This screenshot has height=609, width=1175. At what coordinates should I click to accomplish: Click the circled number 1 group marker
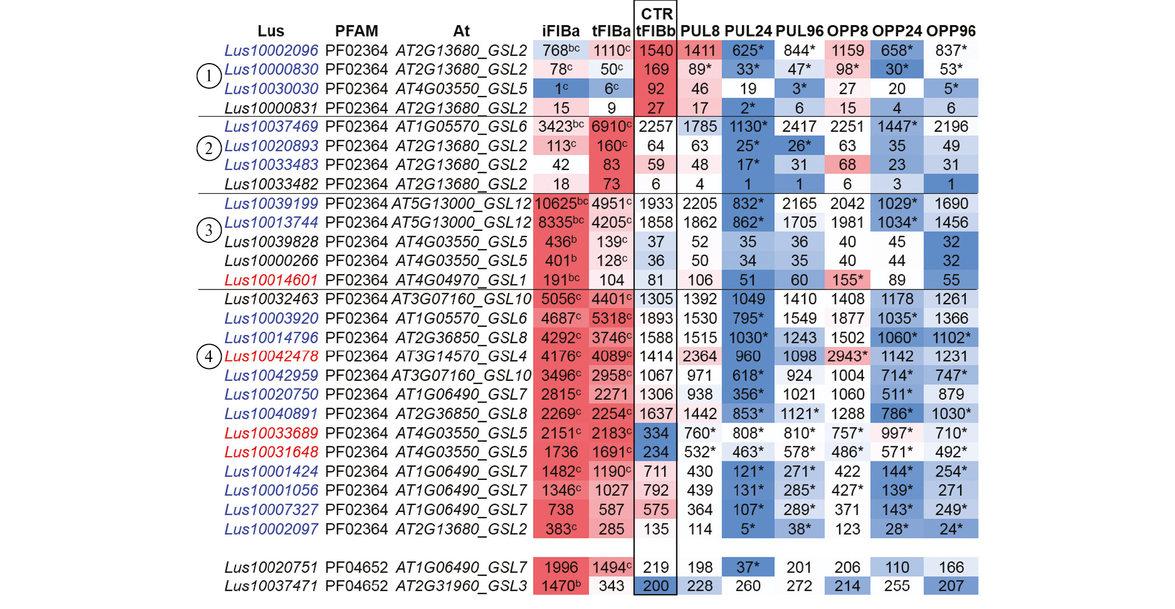pyautogui.click(x=209, y=76)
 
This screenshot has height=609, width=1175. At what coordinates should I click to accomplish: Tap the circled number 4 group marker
pyautogui.click(x=209, y=357)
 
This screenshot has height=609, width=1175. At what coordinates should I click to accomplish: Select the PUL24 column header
pyautogui.click(x=748, y=31)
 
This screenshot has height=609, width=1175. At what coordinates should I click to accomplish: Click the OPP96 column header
pyautogui.click(x=950, y=31)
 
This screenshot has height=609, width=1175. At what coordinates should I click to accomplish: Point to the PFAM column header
pyautogui.click(x=356, y=31)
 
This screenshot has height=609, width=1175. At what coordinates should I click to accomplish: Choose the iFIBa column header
pyautogui.click(x=560, y=31)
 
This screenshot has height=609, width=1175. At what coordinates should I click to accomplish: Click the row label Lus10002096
pyautogui.click(x=271, y=51)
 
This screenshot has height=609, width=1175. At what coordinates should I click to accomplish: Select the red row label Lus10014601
pyautogui.click(x=271, y=280)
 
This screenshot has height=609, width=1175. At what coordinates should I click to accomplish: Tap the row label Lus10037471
pyautogui.click(x=271, y=586)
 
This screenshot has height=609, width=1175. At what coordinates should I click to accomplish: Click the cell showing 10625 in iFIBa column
pyautogui.click(x=561, y=204)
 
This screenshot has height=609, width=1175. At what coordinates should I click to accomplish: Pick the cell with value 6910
pyautogui.click(x=611, y=127)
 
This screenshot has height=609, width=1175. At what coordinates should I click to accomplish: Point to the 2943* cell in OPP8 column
pyautogui.click(x=847, y=357)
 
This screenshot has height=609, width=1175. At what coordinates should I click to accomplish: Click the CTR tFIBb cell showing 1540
pyautogui.click(x=655, y=51)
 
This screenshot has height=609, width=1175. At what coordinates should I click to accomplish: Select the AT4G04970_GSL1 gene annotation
pyautogui.click(x=461, y=280)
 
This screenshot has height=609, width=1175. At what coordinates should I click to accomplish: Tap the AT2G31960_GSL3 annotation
pyautogui.click(x=461, y=586)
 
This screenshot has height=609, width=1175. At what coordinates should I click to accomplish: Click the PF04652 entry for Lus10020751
pyautogui.click(x=356, y=567)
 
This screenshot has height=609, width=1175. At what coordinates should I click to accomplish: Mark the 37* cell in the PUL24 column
pyautogui.click(x=748, y=567)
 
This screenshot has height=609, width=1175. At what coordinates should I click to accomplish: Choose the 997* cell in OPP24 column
pyautogui.click(x=896, y=433)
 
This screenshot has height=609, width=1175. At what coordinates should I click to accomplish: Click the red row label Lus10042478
pyautogui.click(x=271, y=357)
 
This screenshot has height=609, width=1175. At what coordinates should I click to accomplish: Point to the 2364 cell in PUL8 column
pyautogui.click(x=699, y=357)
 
